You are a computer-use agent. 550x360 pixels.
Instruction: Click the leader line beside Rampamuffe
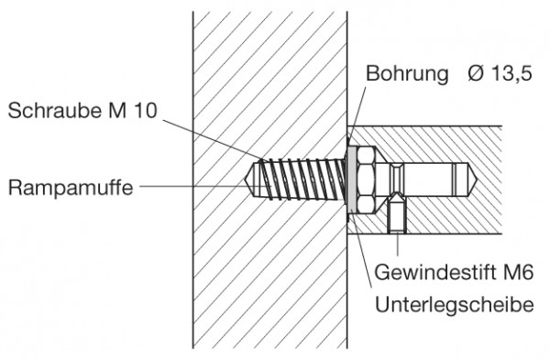tap(183, 186)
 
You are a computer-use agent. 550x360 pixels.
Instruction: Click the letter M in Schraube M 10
tap(117, 112)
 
